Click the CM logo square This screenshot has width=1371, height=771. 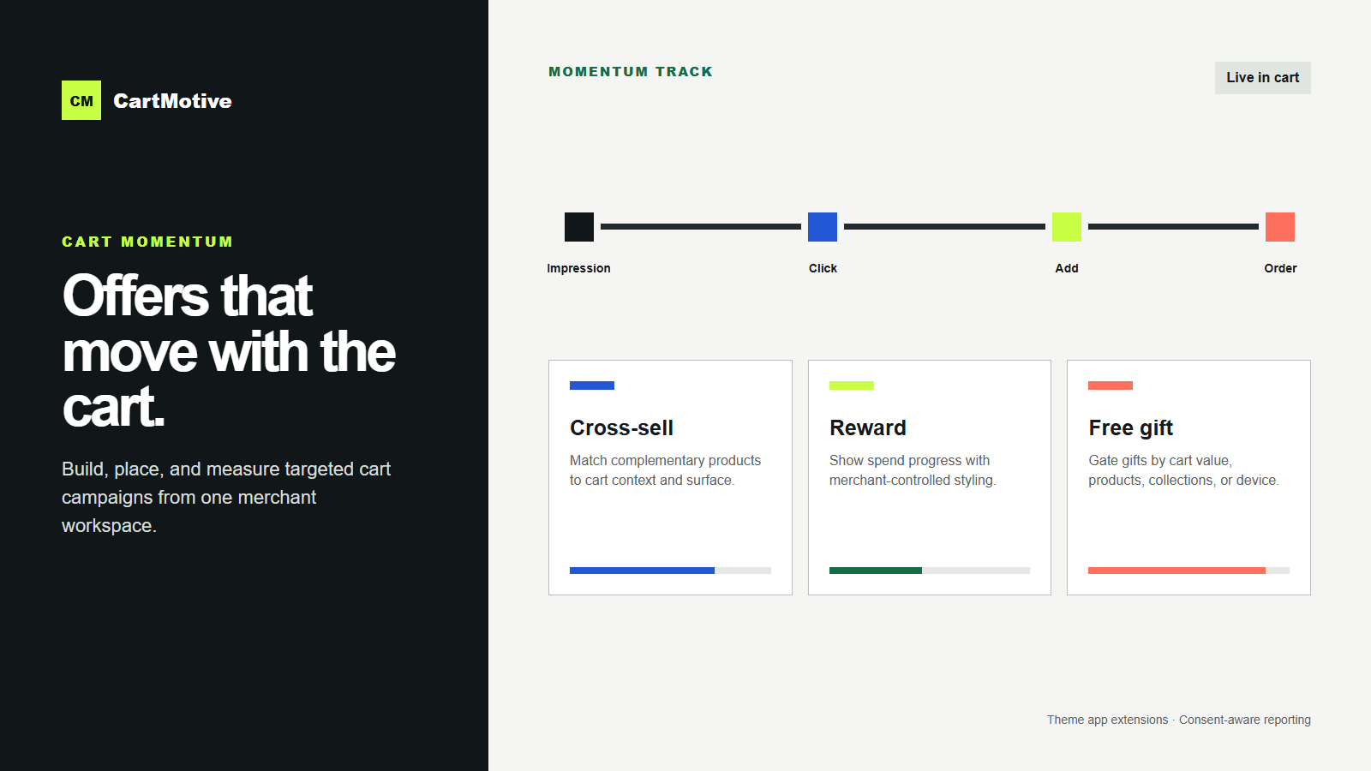(x=81, y=100)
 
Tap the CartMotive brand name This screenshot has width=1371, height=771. (x=172, y=101)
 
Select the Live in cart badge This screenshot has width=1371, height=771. (x=1263, y=78)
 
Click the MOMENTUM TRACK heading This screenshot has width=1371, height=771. (x=631, y=72)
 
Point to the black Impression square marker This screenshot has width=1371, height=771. (x=579, y=227)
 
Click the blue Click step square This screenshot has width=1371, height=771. (x=823, y=227)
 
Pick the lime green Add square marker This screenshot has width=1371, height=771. (x=1067, y=227)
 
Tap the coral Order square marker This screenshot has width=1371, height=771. (x=1280, y=227)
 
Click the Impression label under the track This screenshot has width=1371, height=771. (x=578, y=268)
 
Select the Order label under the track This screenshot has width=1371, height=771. (x=1280, y=268)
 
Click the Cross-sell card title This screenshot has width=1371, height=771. (x=621, y=427)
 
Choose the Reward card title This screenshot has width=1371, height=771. (x=868, y=427)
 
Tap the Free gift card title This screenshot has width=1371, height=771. (x=1130, y=428)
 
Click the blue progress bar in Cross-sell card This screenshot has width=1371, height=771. (x=642, y=571)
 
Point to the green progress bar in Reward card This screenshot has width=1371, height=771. (x=875, y=571)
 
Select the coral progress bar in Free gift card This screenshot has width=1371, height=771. (x=1177, y=571)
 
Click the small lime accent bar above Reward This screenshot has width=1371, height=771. (x=852, y=385)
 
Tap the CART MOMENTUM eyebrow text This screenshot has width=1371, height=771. (x=147, y=242)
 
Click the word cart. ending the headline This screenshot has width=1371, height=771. (x=114, y=407)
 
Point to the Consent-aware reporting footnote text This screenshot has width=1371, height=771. (x=1245, y=720)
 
